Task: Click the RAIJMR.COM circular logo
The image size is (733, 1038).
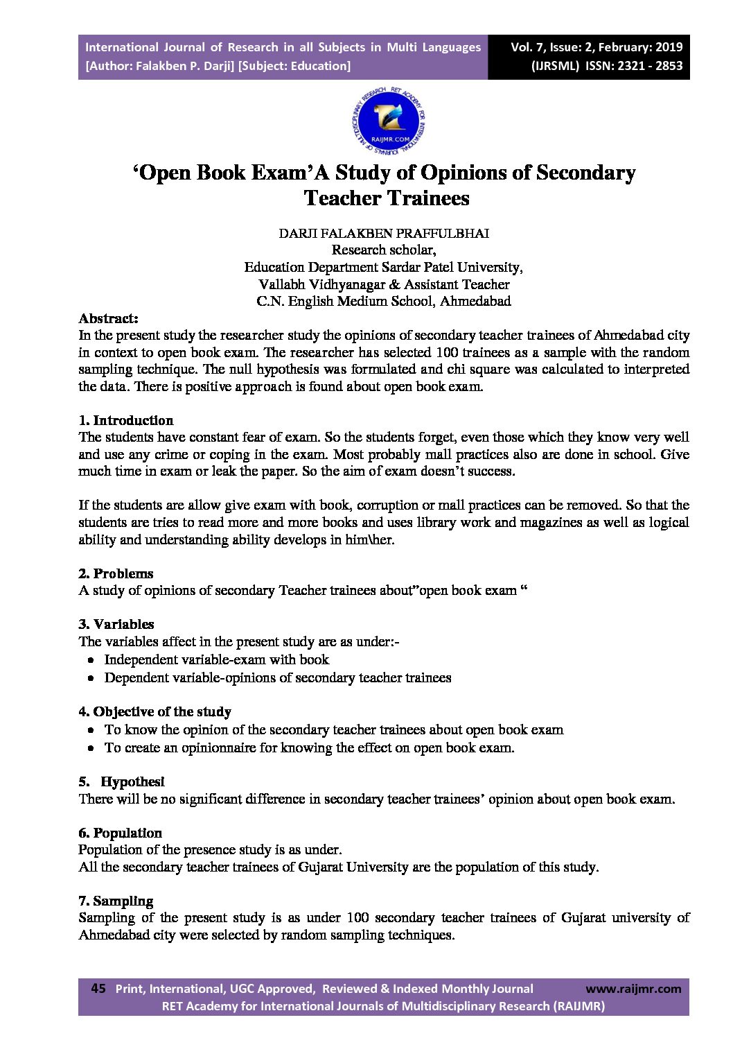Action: point(389,122)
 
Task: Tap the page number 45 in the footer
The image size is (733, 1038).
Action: point(98,988)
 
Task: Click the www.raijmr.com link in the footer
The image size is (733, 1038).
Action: point(633,989)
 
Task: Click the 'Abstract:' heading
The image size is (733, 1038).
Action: point(109,318)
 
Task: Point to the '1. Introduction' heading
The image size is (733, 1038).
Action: point(126,420)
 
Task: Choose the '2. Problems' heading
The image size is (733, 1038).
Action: point(116,573)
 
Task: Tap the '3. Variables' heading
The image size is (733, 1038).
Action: point(116,624)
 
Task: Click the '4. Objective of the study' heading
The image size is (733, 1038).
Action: point(154,711)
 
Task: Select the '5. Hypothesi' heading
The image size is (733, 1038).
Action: point(122,781)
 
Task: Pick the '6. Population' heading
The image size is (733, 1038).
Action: point(120,833)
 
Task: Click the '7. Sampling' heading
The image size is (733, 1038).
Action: point(116,901)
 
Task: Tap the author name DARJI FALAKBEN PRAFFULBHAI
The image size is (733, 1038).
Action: point(384,233)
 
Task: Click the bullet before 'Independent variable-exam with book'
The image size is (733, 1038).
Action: point(91,660)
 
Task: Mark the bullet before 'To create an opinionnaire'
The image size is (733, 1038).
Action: point(91,748)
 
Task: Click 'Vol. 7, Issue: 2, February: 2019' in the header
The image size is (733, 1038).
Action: point(597,47)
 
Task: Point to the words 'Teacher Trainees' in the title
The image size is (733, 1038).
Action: point(387,198)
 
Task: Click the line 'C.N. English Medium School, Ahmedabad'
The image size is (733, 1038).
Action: point(384,301)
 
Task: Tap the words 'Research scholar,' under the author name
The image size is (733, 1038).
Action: point(384,250)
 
